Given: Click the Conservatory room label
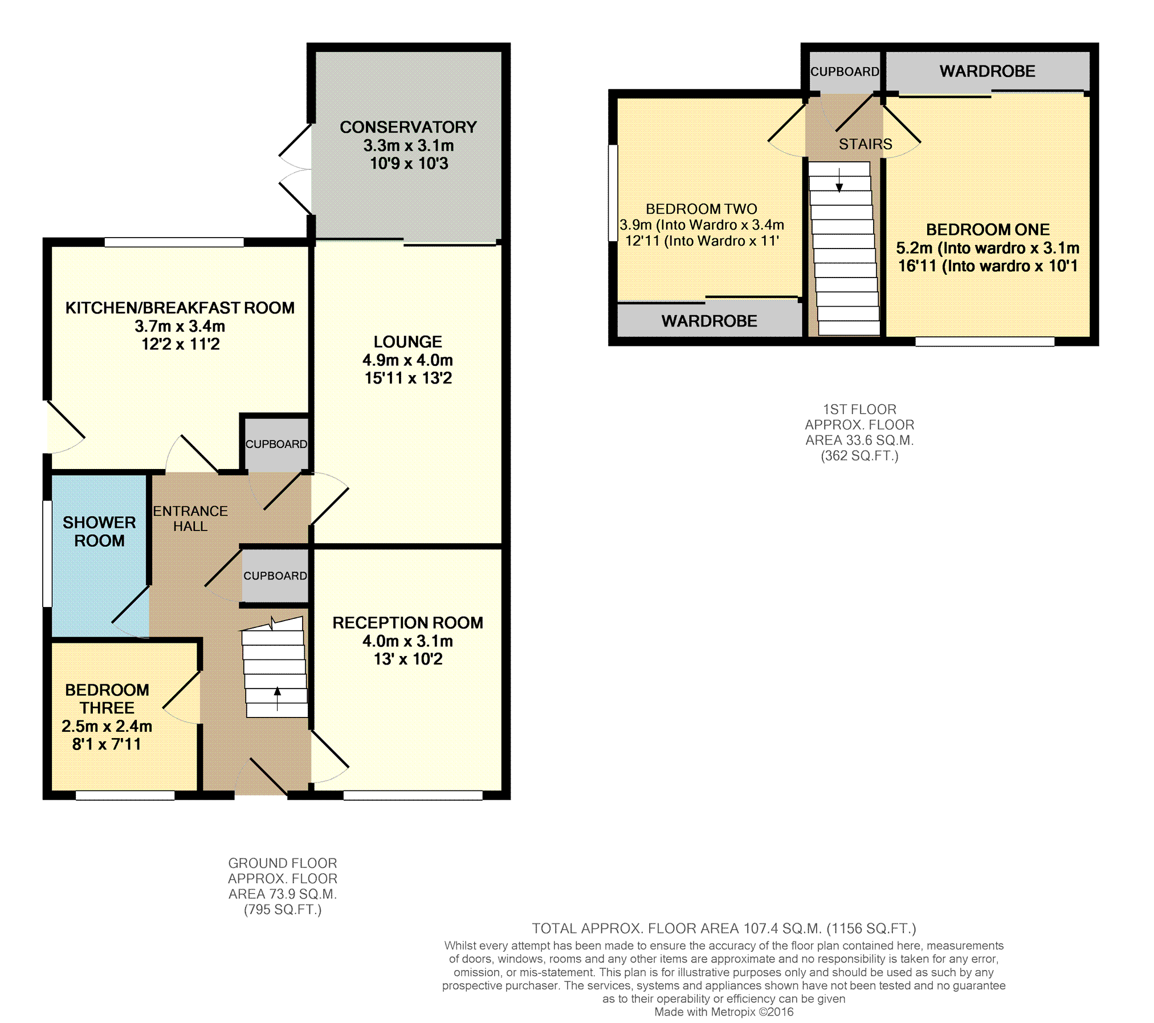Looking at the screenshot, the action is pos(408,127).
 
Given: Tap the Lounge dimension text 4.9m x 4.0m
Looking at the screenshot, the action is pos(408,360).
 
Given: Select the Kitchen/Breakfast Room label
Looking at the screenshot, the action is pos(180,308).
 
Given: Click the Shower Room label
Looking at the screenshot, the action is pos(99,531).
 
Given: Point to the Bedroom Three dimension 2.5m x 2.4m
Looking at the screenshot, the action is pos(107,726).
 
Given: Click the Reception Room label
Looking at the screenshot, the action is pos(408,623).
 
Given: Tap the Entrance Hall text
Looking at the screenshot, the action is pos(190,519).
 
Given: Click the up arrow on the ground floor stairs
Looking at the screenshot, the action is pos(278,699).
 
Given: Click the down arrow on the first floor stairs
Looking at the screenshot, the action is pos(839,180).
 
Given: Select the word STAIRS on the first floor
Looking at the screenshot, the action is pos(866,144).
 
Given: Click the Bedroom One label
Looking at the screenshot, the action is pos(988,230).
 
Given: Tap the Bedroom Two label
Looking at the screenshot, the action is pos(702,209).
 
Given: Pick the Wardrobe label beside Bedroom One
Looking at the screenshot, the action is pos(988,71).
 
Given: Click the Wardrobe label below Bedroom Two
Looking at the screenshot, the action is pos(709,321).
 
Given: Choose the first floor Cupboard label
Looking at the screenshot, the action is pos(845,72).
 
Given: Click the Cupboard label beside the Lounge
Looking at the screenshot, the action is pos(276,444).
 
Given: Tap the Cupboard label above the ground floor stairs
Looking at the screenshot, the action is pos(275,576).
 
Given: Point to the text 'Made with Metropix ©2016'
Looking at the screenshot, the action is pos(724,1012).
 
